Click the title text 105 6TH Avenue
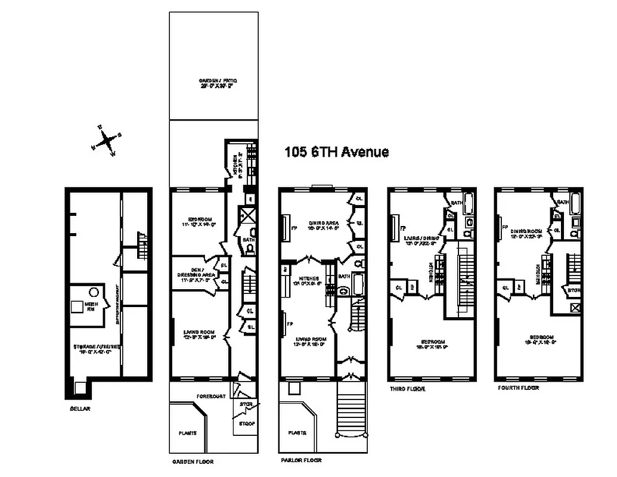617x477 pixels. click(x=336, y=152)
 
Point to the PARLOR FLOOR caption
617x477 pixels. click(x=302, y=460)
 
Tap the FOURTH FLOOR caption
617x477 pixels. click(x=518, y=388)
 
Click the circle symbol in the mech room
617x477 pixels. click(x=94, y=292)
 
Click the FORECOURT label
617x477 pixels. click(x=212, y=396)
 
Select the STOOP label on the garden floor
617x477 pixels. click(x=246, y=424)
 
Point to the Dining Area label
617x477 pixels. click(x=324, y=224)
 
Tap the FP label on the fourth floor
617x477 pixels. click(x=504, y=227)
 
